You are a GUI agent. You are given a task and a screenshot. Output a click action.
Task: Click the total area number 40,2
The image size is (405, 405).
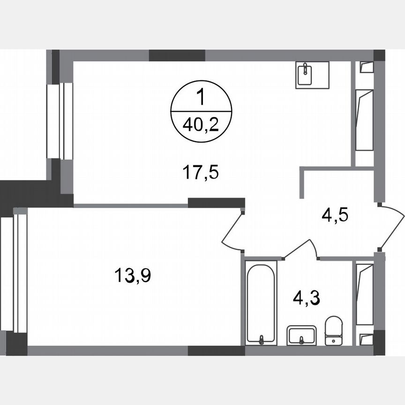click(x=202, y=126)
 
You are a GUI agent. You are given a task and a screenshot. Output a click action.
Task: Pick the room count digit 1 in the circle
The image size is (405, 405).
click(x=202, y=99)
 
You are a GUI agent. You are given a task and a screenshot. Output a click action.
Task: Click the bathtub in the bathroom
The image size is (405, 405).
click(x=261, y=302)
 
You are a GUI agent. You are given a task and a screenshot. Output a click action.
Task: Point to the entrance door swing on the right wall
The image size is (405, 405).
click(x=392, y=226)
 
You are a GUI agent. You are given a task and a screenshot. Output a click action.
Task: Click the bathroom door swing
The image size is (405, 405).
click(x=300, y=249)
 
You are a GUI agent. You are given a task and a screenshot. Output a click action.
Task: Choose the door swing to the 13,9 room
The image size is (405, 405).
click(x=232, y=231)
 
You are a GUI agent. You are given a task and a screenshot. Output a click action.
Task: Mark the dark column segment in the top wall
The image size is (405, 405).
click(x=177, y=55)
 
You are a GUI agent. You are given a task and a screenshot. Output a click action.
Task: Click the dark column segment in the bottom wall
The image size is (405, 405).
click(x=216, y=351)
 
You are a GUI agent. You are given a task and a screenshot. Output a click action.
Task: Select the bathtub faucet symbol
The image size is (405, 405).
click(x=261, y=338)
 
